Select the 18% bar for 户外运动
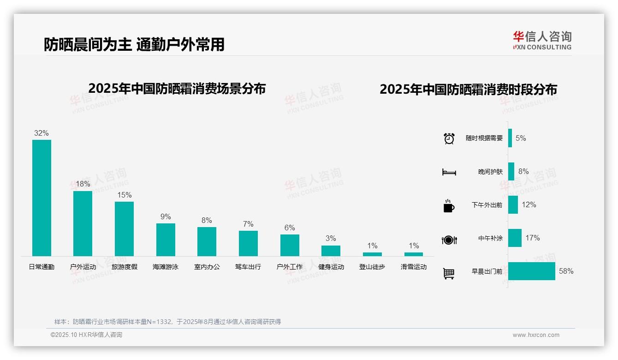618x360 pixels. tap(83, 223)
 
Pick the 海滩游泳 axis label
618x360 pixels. tap(166, 267)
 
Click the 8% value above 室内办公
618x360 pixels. tap(207, 221)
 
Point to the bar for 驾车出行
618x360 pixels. tap(248, 243)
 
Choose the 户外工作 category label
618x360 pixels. tap(290, 267)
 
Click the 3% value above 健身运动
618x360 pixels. tap(331, 239)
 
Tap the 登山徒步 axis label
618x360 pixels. tap(372, 267)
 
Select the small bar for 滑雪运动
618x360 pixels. tap(414, 254)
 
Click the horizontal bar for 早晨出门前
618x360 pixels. tap(532, 271)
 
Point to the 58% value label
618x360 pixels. tap(566, 271)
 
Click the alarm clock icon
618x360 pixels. tap(449, 138)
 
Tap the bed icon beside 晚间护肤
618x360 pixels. tap(449, 172)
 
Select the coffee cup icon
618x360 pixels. tap(449, 206)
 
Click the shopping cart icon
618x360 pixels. tap(449, 273)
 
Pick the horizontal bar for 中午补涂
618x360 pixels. tap(515, 238)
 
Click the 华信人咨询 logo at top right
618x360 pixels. tap(542, 40)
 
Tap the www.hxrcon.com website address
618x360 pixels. tap(536, 335)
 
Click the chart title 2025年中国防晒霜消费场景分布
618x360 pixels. tap(177, 89)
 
